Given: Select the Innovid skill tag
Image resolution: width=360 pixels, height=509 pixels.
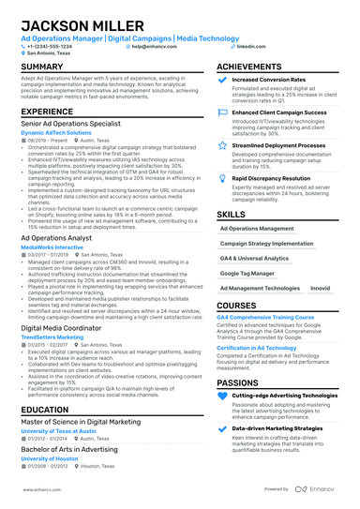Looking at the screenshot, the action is [321, 289].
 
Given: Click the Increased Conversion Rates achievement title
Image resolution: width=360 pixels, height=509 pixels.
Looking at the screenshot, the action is [273, 81].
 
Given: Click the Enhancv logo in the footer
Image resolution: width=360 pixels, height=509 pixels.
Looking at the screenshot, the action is [318, 488].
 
